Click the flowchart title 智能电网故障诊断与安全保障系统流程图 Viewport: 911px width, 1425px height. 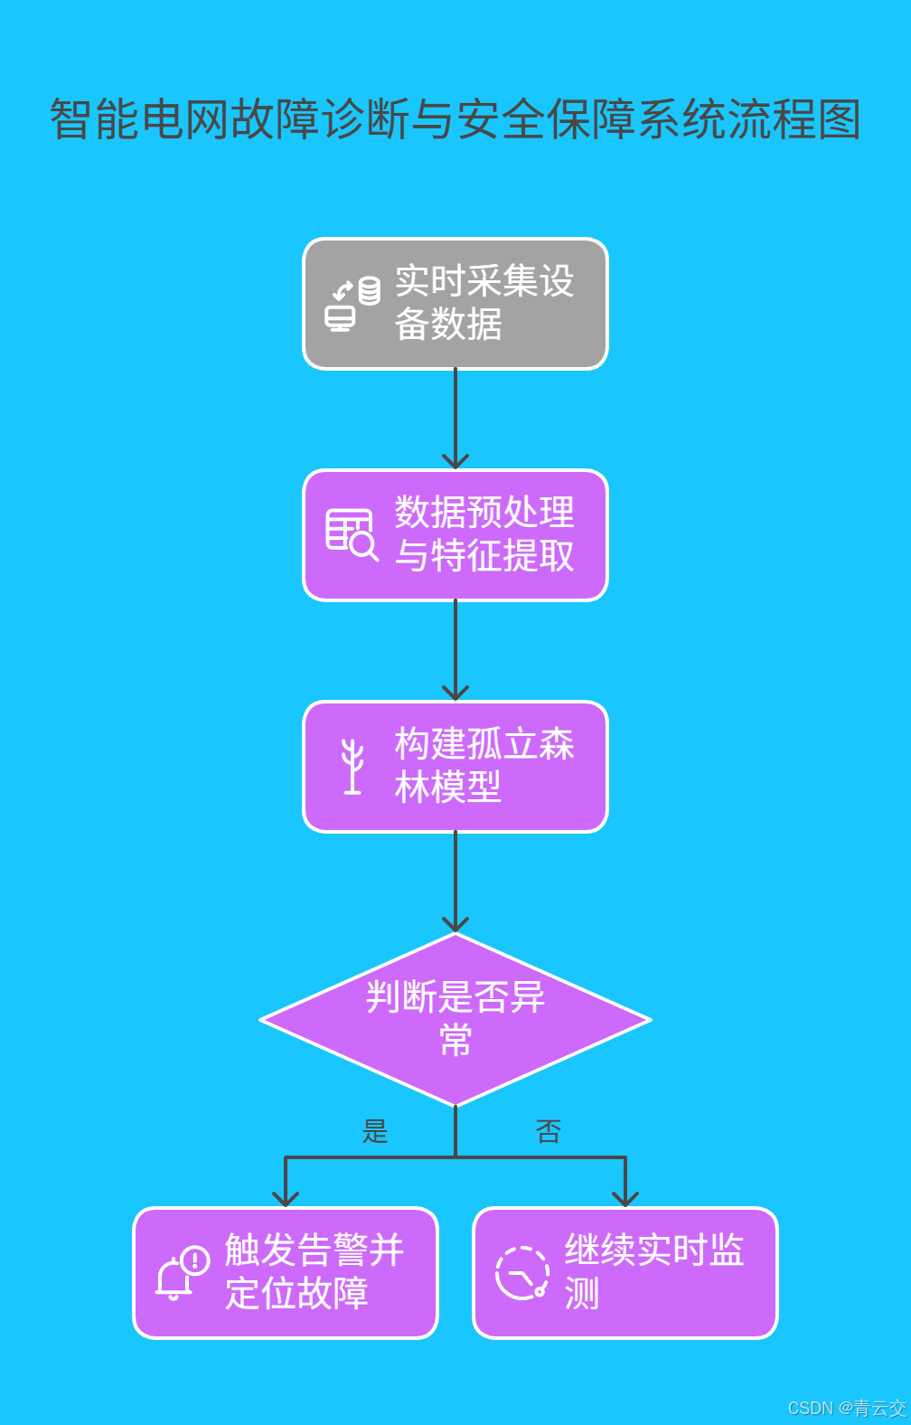[x=455, y=119]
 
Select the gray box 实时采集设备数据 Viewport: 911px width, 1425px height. [x=455, y=304]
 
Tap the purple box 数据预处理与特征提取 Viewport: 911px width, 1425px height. [x=455, y=535]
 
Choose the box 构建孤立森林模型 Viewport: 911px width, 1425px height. [x=455, y=767]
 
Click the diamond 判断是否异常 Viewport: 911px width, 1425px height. [x=455, y=1019]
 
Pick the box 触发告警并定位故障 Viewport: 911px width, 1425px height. [x=286, y=1273]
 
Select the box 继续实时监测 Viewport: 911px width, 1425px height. [x=625, y=1273]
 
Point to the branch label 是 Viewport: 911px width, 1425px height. [x=375, y=1131]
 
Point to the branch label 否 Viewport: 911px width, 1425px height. [x=549, y=1131]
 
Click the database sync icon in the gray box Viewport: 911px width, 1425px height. [x=352, y=304]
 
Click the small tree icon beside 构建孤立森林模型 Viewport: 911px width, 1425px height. [x=352, y=767]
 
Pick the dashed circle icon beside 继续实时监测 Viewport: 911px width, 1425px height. [x=522, y=1273]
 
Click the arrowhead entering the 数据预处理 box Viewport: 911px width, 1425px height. [x=455, y=460]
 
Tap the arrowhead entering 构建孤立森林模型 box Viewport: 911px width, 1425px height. [x=455, y=692]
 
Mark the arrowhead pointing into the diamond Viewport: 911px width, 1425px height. [x=455, y=923]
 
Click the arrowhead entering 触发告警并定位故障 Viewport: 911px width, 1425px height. [x=286, y=1198]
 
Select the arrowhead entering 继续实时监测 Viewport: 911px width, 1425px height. [x=625, y=1198]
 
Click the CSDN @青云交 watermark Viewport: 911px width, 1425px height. [x=847, y=1408]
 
